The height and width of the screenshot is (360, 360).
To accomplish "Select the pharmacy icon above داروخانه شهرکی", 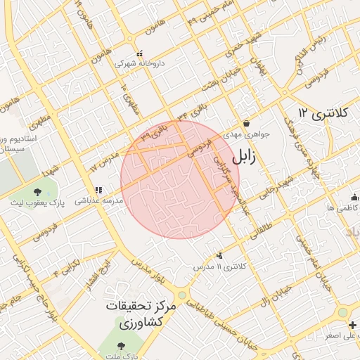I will (139, 53).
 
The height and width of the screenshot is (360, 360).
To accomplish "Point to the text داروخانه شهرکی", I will (140, 63).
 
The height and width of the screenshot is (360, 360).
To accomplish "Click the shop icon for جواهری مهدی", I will (245, 123).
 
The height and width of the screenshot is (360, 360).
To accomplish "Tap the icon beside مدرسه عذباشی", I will (98, 190).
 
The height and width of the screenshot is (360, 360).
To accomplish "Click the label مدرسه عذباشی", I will (99, 200).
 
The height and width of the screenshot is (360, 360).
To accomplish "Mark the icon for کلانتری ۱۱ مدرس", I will (220, 256).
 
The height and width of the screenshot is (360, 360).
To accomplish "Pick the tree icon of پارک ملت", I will (121, 346).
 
